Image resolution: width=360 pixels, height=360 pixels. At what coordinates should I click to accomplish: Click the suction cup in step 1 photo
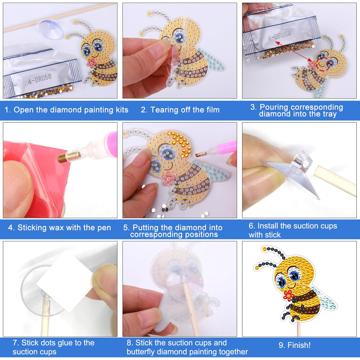[x=51, y=29]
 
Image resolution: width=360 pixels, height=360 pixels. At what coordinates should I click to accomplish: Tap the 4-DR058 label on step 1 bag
[x=40, y=79]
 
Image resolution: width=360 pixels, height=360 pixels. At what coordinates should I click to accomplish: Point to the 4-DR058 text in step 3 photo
[x=279, y=36]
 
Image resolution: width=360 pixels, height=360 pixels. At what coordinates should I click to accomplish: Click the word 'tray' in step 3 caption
[x=330, y=114]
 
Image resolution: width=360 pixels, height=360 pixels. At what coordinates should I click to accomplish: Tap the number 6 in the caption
[x=251, y=226]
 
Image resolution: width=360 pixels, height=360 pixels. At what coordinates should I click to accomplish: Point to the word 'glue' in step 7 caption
[x=72, y=343]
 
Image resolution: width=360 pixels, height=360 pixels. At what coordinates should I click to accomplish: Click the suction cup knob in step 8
[x=184, y=278]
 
